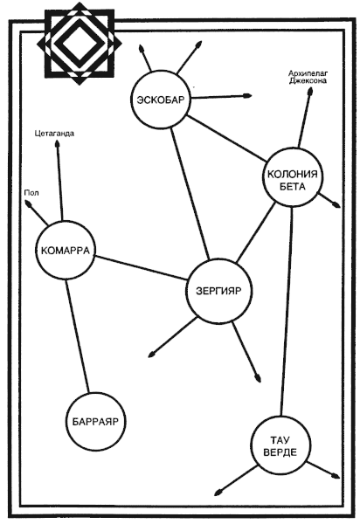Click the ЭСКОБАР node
coord(161,100)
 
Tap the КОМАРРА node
coord(66,251)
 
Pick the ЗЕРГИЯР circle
coord(218,292)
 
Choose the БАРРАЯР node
coord(95,422)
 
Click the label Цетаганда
coord(54,134)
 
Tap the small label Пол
coord(31,193)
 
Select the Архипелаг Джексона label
coord(308,77)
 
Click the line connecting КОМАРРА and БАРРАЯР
coord(78,336)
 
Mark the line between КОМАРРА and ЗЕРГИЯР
coord(141,268)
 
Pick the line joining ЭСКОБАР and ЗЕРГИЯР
coord(190,194)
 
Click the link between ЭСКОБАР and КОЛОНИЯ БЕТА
coord(225,138)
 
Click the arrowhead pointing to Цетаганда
coord(57,144)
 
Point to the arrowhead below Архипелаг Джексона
coord(310,93)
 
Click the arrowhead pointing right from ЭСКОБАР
coord(247,96)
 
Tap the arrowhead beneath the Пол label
coord(28,203)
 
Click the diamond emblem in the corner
coord(80,44)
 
